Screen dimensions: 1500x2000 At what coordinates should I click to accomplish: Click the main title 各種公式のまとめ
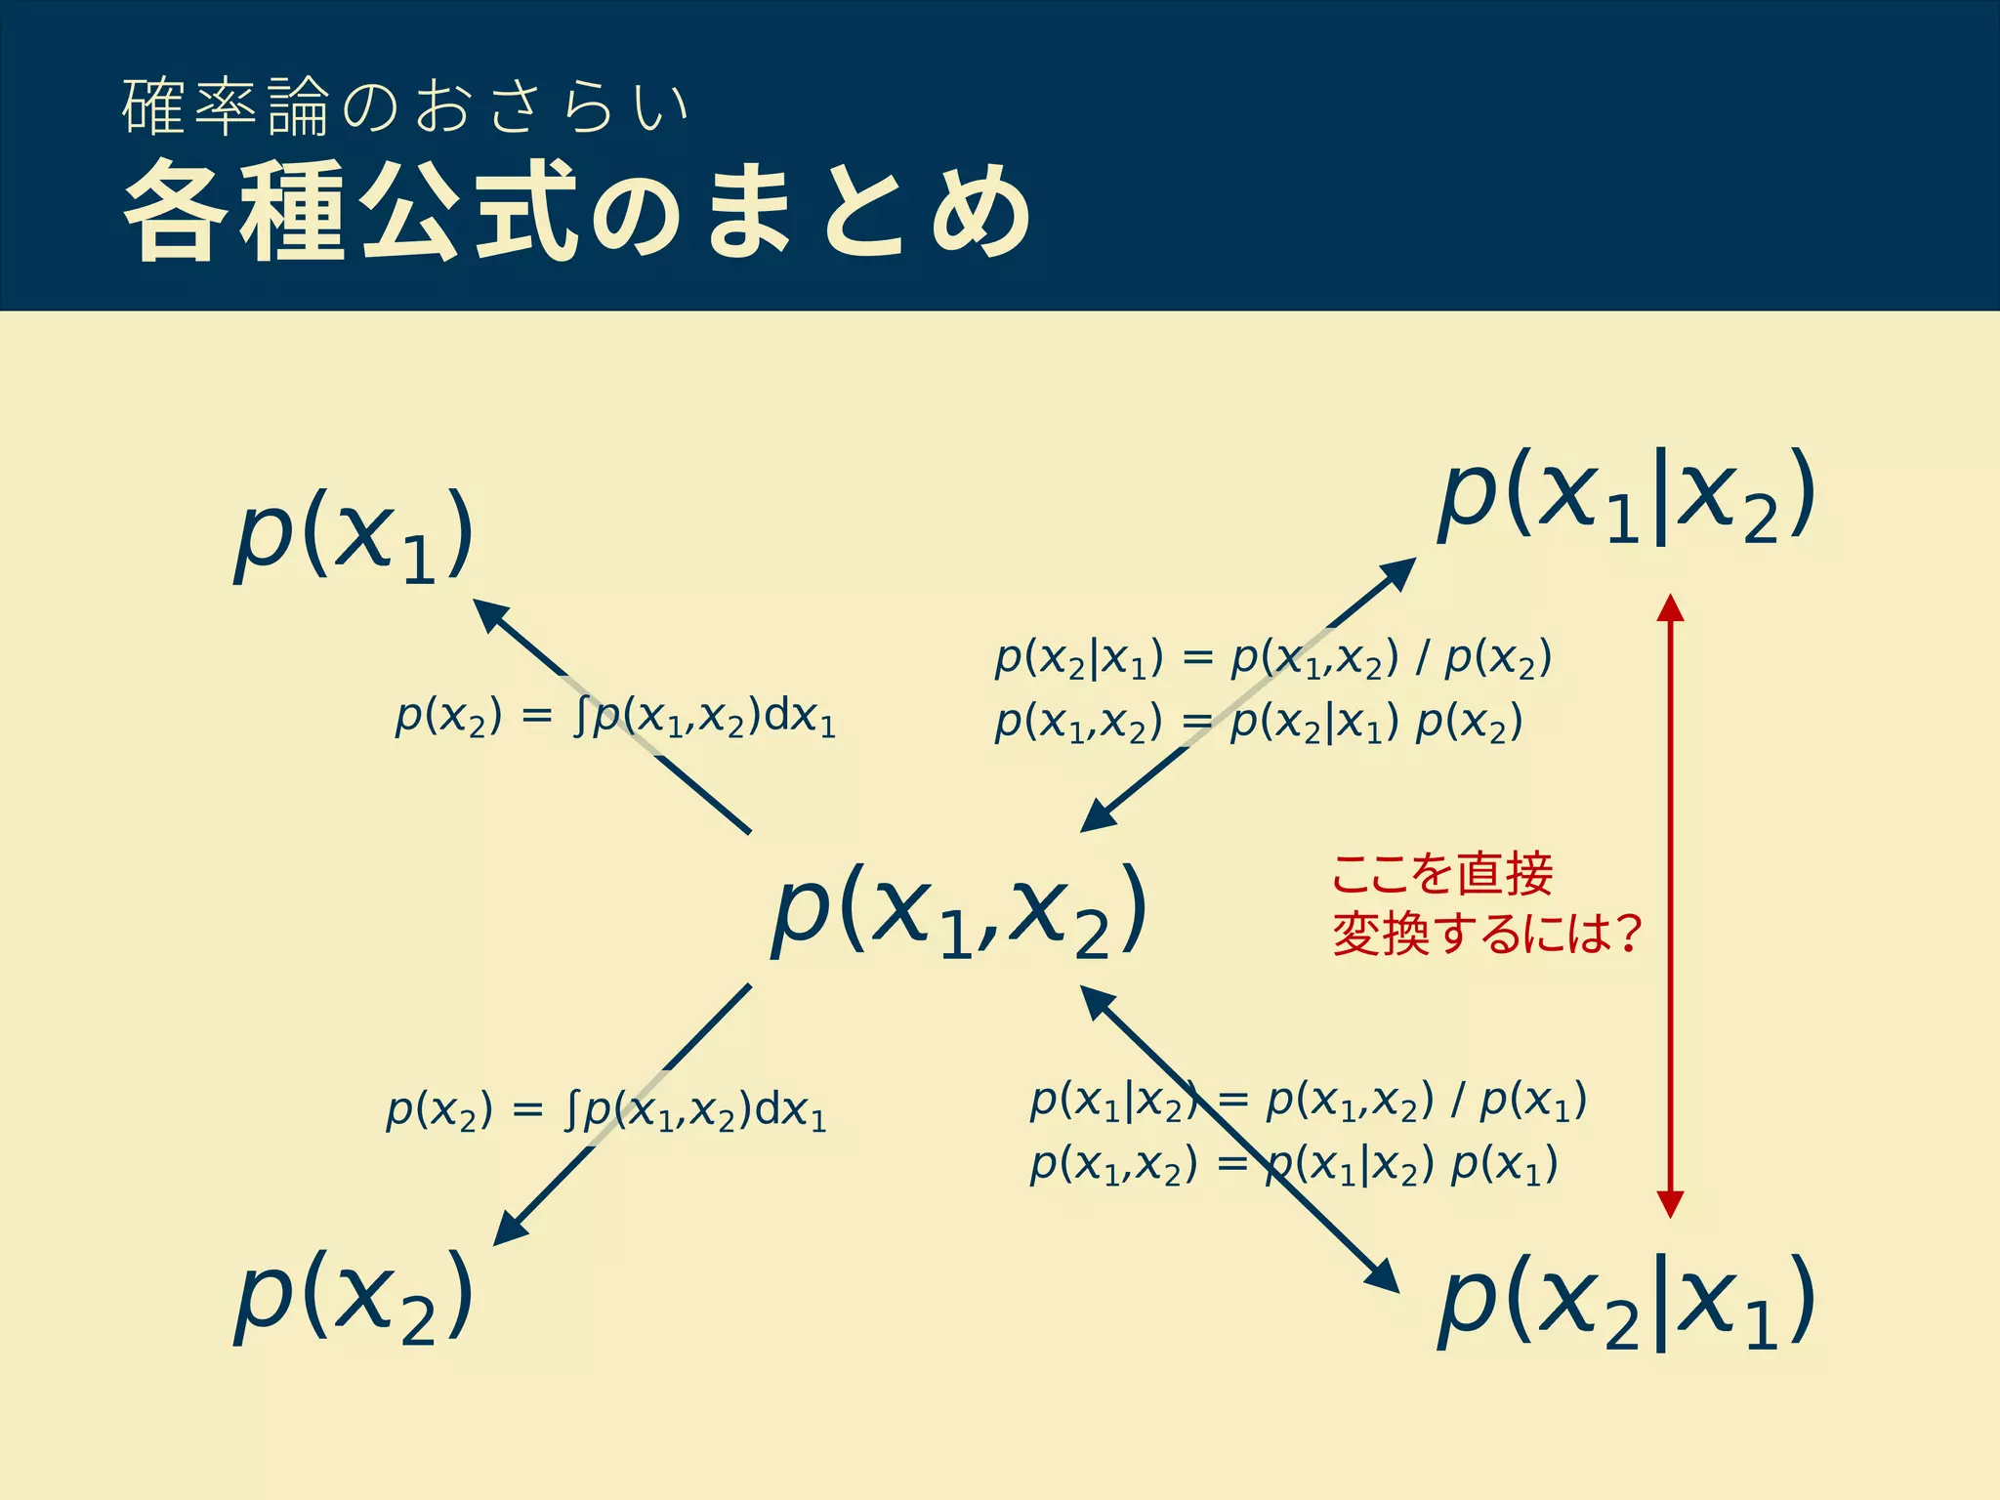pos(576,211)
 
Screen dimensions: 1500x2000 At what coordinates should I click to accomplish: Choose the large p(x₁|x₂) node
pos(1626,496)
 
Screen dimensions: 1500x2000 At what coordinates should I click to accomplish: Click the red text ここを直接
pos(1442,873)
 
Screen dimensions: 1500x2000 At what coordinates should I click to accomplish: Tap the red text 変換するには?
pos(1486,934)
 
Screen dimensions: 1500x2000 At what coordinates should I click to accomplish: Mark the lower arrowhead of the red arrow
pos(1671,1203)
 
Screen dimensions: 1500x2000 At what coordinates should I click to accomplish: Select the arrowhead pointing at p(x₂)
pos(510,1229)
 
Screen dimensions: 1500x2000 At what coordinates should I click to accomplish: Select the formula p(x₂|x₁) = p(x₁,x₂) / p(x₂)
pos(1272,659)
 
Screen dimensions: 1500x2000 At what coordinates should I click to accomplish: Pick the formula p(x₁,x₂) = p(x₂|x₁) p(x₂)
pos(1259,724)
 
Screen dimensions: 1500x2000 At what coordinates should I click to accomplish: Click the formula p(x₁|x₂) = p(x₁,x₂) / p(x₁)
pos(1309,1102)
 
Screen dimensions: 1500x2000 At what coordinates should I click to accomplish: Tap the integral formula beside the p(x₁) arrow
pos(615,718)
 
